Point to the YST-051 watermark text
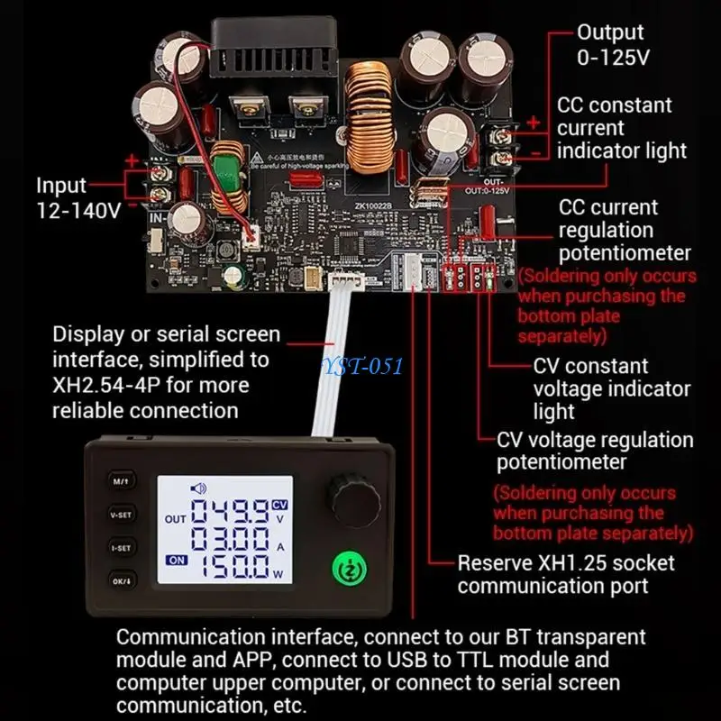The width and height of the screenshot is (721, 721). (x=365, y=365)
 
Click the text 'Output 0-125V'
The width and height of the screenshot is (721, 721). (x=611, y=44)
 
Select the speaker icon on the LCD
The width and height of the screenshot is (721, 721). (x=198, y=488)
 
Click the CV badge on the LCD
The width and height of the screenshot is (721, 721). (x=280, y=506)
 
